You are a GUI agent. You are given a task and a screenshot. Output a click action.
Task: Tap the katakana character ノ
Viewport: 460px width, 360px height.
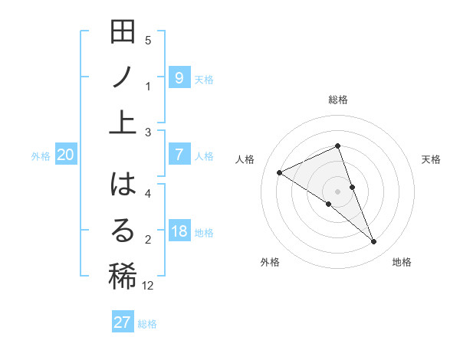coord(123,77)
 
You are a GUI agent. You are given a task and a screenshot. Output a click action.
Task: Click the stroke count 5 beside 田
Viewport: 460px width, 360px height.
coord(148,40)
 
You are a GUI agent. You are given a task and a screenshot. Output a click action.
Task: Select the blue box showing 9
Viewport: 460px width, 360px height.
coord(179,77)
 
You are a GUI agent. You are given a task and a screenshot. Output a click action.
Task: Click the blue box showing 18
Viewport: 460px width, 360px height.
coord(179,231)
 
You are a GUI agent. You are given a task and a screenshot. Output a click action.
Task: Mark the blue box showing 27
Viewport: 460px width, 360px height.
coord(123,322)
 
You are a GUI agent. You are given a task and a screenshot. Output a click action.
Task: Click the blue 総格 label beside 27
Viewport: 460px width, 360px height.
coord(147,324)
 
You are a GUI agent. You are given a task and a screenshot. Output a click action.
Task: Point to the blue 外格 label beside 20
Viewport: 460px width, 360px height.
coord(41,156)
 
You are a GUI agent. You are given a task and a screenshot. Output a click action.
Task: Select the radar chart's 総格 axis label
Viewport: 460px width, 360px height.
coord(338,100)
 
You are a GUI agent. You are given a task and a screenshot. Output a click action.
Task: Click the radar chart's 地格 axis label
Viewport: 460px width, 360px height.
coord(402,262)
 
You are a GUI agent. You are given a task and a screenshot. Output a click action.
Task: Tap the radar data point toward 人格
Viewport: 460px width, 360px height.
coord(280,173)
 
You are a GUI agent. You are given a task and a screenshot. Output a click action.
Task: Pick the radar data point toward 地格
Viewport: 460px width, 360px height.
coord(374,242)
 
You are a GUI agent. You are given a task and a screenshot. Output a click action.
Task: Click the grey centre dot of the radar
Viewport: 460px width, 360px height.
coord(338,191)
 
